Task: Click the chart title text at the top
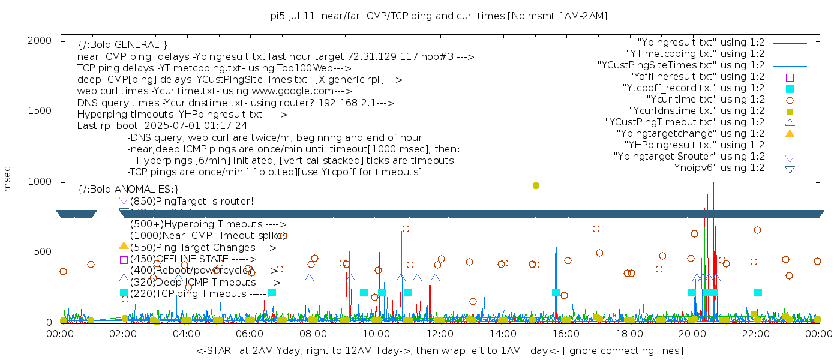point(439,16)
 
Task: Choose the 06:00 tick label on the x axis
point(250,334)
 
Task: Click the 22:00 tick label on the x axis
point(755,334)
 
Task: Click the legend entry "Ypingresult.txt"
point(700,43)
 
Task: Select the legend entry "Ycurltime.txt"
point(705,100)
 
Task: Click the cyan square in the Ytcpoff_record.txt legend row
point(790,89)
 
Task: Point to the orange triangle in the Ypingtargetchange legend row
point(790,134)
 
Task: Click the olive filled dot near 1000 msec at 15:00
point(536,186)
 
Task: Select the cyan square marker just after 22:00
point(758,293)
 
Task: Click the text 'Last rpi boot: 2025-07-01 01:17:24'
point(162,126)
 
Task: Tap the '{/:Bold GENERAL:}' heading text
point(122,45)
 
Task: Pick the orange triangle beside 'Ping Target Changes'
point(124,245)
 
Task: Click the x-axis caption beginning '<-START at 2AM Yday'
point(439,350)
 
